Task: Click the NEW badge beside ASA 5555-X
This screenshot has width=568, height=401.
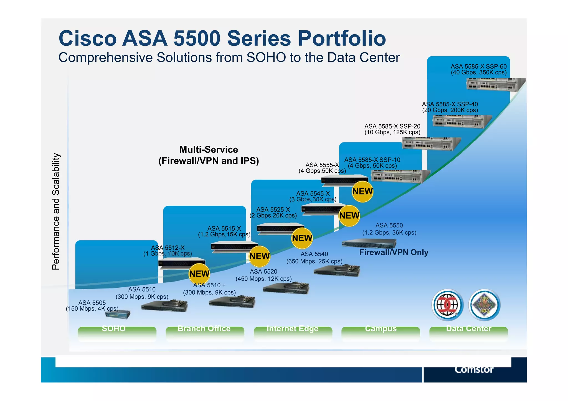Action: (x=362, y=191)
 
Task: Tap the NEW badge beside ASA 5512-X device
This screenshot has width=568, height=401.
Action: (x=199, y=274)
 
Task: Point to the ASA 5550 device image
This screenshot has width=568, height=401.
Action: (x=369, y=244)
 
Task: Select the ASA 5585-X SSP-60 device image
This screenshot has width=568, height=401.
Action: (x=495, y=85)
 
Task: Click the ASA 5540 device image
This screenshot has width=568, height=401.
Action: (x=337, y=270)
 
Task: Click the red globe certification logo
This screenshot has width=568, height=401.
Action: (x=447, y=305)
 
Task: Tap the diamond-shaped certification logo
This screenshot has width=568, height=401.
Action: (x=485, y=305)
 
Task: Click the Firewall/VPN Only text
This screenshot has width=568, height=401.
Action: (x=394, y=252)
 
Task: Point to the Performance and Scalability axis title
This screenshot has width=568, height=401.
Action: (x=56, y=211)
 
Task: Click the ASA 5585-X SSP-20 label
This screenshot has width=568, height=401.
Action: (x=392, y=129)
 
